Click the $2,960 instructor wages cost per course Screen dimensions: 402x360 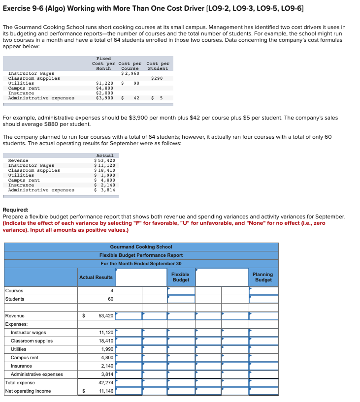coord(130,73)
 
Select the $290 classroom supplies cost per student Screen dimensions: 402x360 coord(157,78)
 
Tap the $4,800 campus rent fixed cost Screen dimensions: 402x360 coord(104,88)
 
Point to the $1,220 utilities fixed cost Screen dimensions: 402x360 coord(104,83)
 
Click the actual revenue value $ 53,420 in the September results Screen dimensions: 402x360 coord(104,160)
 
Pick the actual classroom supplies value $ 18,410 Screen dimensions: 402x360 coord(104,170)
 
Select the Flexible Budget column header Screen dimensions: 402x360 coord(180,277)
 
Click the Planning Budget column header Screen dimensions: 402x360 coord(262,277)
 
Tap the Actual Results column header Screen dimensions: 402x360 coord(96,277)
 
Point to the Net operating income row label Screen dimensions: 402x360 coord(28,391)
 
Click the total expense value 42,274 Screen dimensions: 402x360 coord(106,383)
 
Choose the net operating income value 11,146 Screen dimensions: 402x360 coord(106,391)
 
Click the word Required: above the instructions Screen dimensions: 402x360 coord(16,209)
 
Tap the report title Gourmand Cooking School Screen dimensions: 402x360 coord(141,247)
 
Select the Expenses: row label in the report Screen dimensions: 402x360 coord(17,324)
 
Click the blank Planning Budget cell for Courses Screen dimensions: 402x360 coord(263,291)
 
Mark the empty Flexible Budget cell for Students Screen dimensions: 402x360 coord(181,299)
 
